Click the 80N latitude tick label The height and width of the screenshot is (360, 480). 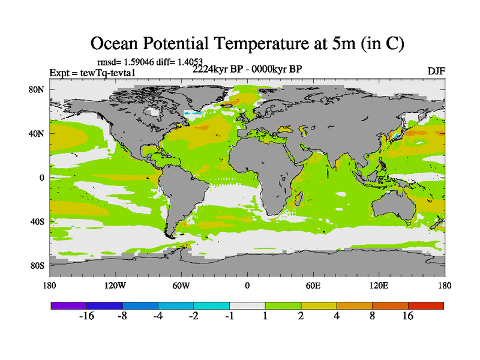click(x=38, y=90)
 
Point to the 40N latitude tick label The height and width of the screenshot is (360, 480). click(x=38, y=134)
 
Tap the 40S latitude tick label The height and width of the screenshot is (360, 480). click(x=38, y=221)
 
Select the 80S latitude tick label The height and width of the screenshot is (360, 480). click(x=38, y=265)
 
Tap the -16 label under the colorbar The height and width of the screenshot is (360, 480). click(x=87, y=317)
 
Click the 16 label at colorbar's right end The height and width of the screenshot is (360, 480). click(x=408, y=317)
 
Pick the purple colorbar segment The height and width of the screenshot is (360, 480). click(x=68, y=305)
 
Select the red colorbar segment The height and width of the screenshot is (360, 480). click(x=426, y=305)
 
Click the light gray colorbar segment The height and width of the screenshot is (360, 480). click(x=247, y=305)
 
